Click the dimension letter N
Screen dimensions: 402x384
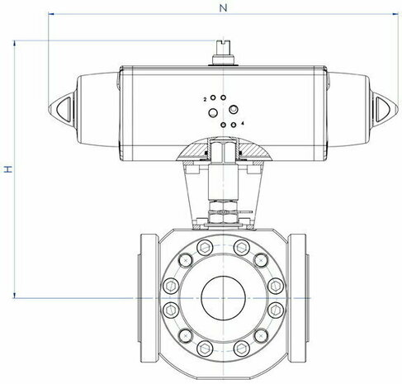pyautogui.click(x=223, y=8)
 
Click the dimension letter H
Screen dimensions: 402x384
pyautogui.click(x=8, y=169)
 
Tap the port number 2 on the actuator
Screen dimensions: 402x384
pyautogui.click(x=205, y=99)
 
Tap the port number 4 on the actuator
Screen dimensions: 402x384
pyautogui.click(x=242, y=123)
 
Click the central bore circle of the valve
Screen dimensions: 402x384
pyautogui.click(x=223, y=298)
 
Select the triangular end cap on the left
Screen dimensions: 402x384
pyautogui.click(x=62, y=107)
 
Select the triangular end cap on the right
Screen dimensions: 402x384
pyautogui.click(x=385, y=107)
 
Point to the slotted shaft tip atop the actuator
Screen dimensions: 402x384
pyautogui.click(x=223, y=47)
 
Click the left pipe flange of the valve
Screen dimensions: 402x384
pyautogui.click(x=149, y=298)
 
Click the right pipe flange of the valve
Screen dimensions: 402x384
pyautogui.click(x=297, y=298)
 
